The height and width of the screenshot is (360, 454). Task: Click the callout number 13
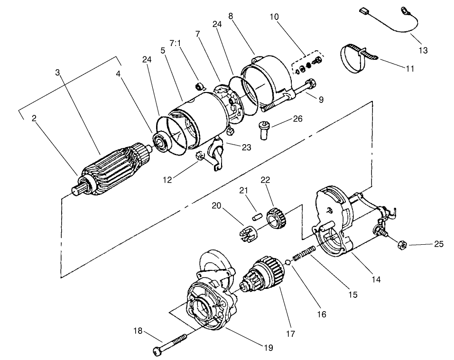pyautogui.click(x=423, y=50)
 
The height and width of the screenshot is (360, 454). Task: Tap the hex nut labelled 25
pyautogui.click(x=399, y=245)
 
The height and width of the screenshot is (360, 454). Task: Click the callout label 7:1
pyautogui.click(x=175, y=43)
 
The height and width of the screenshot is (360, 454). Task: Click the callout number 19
pyautogui.click(x=268, y=348)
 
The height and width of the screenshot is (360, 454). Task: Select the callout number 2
pyautogui.click(x=34, y=118)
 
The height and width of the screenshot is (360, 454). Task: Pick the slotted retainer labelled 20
pyautogui.click(x=246, y=233)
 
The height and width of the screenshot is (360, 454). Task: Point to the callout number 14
pyautogui.click(x=376, y=279)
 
